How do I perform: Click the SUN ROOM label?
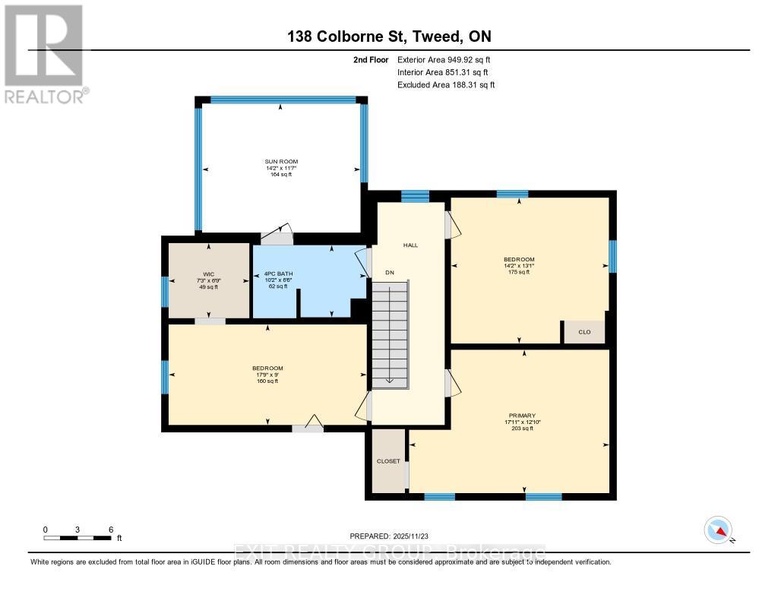click(281, 162)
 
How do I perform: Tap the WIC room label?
click(207, 274)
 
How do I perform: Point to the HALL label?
click(411, 245)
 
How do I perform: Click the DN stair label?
click(390, 272)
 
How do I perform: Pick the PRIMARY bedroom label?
click(523, 415)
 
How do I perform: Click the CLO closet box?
click(584, 332)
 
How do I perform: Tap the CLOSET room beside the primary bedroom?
click(388, 461)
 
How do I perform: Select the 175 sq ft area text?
click(519, 272)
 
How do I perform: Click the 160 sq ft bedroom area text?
click(267, 381)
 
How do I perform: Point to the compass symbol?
click(718, 530)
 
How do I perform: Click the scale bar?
click(78, 538)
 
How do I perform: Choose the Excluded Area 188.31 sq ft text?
click(446, 85)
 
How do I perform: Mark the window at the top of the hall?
click(415, 197)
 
